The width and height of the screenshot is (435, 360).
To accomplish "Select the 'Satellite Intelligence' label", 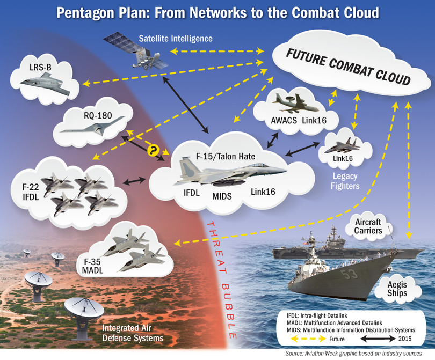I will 176,39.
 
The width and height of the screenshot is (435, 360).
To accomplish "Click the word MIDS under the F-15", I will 221,196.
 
